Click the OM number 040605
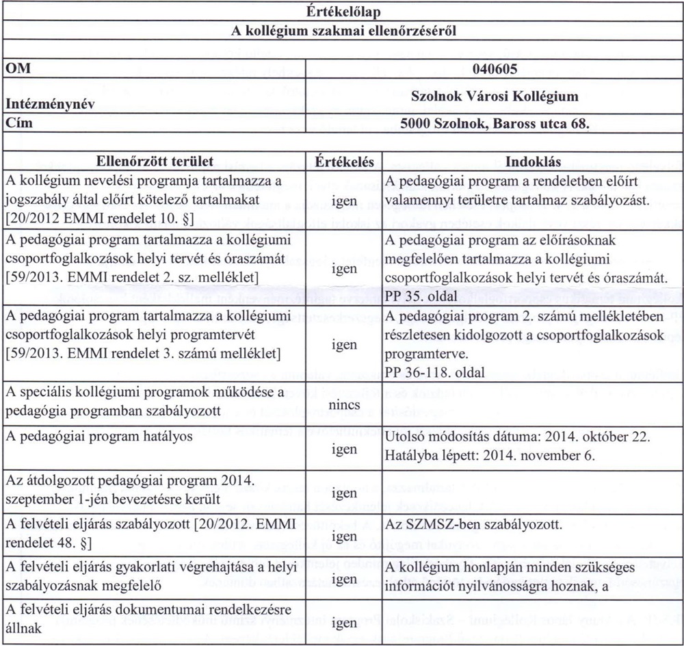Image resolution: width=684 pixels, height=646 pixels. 495,70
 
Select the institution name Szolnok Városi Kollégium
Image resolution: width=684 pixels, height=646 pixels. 495,96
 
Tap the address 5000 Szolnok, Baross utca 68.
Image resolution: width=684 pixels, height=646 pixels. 495,125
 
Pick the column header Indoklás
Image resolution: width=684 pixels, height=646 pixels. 532,162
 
